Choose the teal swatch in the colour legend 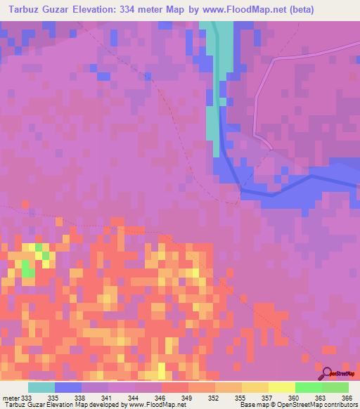coord(41,387)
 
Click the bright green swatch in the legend coord(308,387)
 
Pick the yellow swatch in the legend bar coord(281,387)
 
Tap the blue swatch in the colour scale coord(68,387)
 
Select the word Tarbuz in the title coord(26,9)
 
